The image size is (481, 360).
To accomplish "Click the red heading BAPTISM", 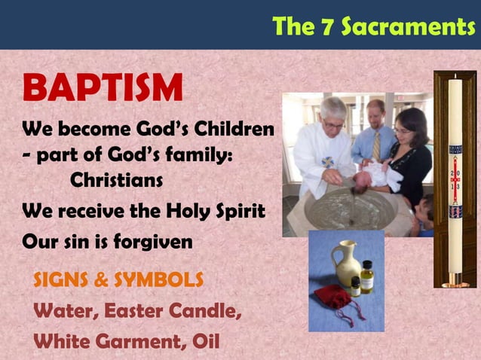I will [103, 89].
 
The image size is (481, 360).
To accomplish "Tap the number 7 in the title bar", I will [327, 27].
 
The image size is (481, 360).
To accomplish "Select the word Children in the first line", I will [234, 130].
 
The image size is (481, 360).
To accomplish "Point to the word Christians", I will [116, 181].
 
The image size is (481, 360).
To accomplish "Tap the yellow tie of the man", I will [376, 146].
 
